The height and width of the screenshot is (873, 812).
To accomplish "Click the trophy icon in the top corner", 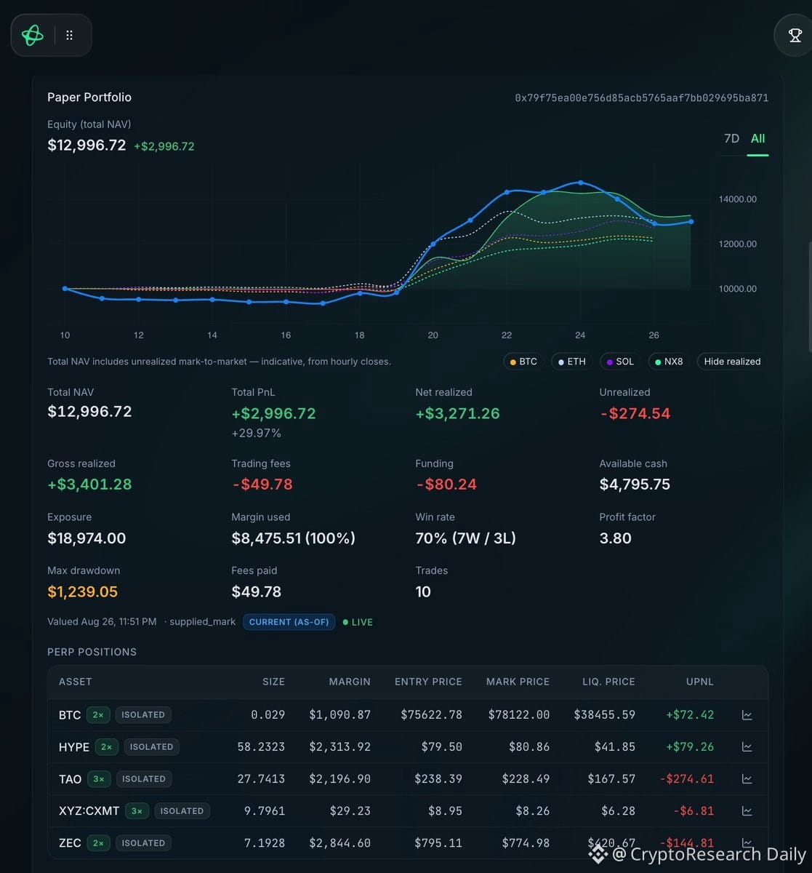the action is (795, 35).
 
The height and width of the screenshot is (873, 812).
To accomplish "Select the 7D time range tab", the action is (731, 138).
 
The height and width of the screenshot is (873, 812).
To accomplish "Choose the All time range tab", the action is (757, 138).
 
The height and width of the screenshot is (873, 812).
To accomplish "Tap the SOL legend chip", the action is (620, 362).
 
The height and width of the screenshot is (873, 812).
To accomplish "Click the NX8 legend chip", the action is (669, 362).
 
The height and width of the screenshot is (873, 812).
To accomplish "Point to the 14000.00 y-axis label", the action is (737, 199).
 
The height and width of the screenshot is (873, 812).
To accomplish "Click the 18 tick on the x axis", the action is (359, 335).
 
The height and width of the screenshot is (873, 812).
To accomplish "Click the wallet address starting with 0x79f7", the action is (641, 97).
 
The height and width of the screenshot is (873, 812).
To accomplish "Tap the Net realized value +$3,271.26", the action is (457, 413).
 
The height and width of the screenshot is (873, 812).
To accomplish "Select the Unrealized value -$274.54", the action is (635, 413).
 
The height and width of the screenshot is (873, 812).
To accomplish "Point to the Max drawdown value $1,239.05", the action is (83, 591).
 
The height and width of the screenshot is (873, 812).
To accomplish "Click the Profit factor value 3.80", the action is (615, 538).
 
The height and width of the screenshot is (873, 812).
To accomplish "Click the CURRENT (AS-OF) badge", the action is (289, 621).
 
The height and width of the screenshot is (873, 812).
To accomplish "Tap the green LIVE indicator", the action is (358, 622).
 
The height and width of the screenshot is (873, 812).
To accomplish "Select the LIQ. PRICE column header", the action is (608, 682).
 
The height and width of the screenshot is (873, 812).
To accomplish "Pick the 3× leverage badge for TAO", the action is (99, 779).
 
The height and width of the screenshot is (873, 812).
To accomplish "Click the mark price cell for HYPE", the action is (529, 746).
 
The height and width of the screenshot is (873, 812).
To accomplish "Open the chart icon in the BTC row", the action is (747, 714).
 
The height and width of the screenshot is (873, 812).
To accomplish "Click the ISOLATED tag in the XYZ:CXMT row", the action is (182, 810).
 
